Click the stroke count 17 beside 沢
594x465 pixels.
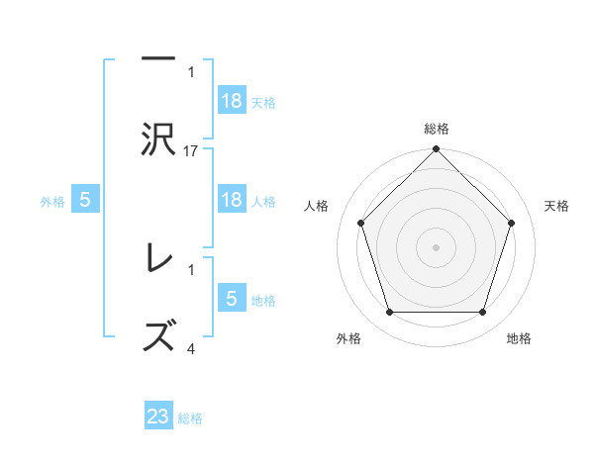[x=192, y=150]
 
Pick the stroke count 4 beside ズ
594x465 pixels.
[x=192, y=348]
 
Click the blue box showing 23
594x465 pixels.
[x=158, y=418]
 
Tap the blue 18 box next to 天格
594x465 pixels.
[x=232, y=101]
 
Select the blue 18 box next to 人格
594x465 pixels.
[x=232, y=200]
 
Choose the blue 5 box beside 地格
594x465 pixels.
[x=232, y=299]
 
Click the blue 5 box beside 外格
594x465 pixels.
[x=85, y=200]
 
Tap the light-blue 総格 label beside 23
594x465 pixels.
[x=190, y=418]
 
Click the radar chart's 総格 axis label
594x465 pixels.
[x=437, y=129]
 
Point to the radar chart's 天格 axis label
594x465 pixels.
[x=557, y=206]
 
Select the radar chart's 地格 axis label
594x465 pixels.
[x=519, y=338]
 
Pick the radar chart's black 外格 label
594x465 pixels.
[x=348, y=338]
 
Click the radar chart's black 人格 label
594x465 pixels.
[x=317, y=206]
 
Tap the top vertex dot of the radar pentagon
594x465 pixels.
[x=437, y=150]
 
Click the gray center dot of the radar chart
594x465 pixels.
[x=437, y=246]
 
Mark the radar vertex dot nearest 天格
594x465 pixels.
[x=512, y=223]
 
